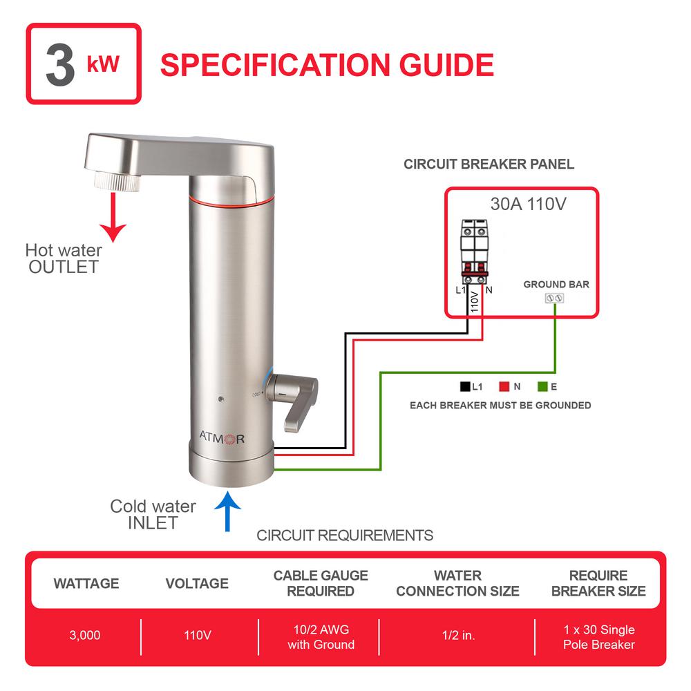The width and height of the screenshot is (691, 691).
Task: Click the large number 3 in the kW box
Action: pyautogui.click(x=60, y=65)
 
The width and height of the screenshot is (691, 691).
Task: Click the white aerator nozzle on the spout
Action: pyautogui.click(x=117, y=182)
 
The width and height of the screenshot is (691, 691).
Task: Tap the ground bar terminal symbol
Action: pyautogui.click(x=556, y=299)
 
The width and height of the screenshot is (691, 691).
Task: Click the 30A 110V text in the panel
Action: pyautogui.click(x=521, y=205)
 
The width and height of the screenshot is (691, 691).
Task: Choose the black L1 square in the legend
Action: pyautogui.click(x=465, y=386)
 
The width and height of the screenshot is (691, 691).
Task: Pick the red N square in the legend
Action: pyautogui.click(x=504, y=386)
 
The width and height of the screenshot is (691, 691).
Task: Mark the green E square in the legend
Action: pyautogui.click(x=542, y=386)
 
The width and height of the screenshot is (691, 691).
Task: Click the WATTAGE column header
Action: pyautogui.click(x=86, y=584)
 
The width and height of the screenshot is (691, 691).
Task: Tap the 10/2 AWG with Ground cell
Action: pyautogui.click(x=321, y=637)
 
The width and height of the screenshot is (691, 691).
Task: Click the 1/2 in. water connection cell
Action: pyautogui.click(x=458, y=636)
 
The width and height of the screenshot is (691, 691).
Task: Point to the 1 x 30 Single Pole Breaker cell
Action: pyautogui.click(x=598, y=637)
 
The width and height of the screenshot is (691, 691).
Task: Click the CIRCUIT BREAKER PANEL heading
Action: pyautogui.click(x=489, y=164)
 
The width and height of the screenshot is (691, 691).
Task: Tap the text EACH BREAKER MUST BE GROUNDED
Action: pyautogui.click(x=500, y=405)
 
